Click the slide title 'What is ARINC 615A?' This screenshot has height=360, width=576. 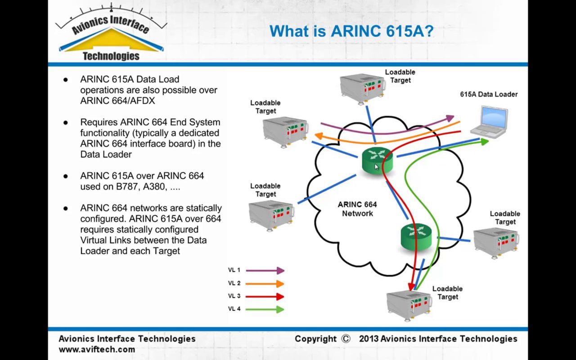[x=351, y=31]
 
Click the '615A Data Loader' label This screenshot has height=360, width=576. [x=488, y=94]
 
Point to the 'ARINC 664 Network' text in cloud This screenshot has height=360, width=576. [x=357, y=209]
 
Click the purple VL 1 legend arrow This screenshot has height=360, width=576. [x=265, y=270]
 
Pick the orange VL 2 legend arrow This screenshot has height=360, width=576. [x=265, y=283]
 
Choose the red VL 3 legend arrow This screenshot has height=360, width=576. [x=265, y=297]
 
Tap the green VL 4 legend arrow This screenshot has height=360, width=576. [x=265, y=309]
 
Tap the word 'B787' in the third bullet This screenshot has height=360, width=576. [x=126, y=187]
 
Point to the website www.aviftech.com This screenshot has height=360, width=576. [x=97, y=349]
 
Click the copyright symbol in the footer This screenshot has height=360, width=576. [x=346, y=339]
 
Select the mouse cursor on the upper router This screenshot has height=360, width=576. [x=377, y=167]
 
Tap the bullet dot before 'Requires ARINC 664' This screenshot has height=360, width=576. [x=66, y=122]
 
